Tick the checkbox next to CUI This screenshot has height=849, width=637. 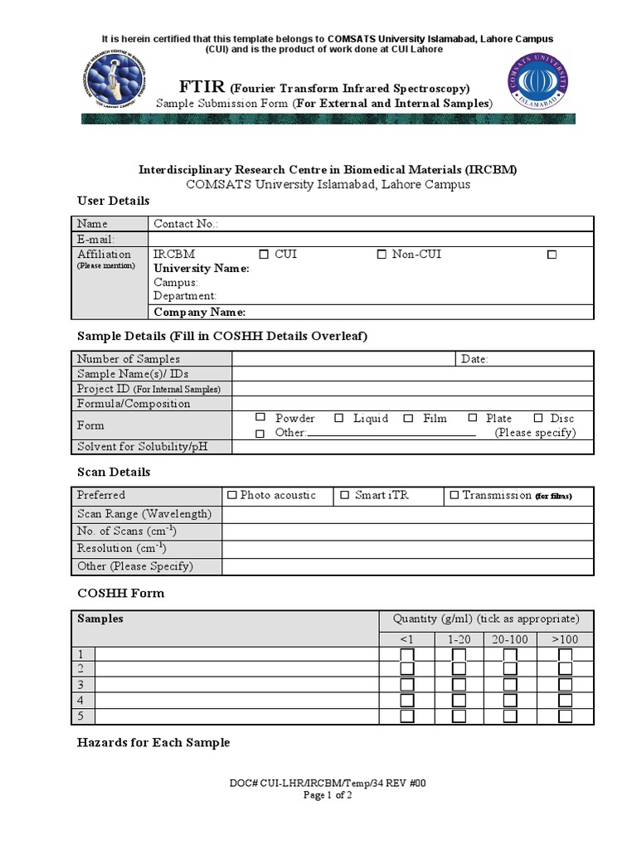click(x=264, y=255)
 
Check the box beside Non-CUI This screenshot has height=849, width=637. click(x=382, y=255)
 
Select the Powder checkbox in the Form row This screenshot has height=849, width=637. click(x=260, y=418)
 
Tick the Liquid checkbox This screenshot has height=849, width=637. click(x=338, y=419)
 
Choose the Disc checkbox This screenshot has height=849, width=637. click(x=538, y=419)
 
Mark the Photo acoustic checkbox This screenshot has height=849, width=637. click(x=231, y=496)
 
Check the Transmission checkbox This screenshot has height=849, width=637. click(x=454, y=496)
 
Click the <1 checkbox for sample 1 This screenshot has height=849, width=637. click(x=406, y=655)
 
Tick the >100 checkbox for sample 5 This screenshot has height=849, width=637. click(x=565, y=716)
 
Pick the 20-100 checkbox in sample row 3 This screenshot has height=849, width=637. click(x=509, y=686)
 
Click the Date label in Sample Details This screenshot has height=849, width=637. click(x=474, y=359)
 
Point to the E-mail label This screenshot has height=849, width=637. click(x=95, y=239)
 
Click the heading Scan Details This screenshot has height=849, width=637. click(x=114, y=472)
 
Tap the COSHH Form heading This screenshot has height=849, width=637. click(x=120, y=593)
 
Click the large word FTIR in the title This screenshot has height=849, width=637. click(x=202, y=87)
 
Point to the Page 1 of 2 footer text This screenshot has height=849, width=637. click(x=328, y=795)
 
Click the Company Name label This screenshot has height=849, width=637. click(x=200, y=312)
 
